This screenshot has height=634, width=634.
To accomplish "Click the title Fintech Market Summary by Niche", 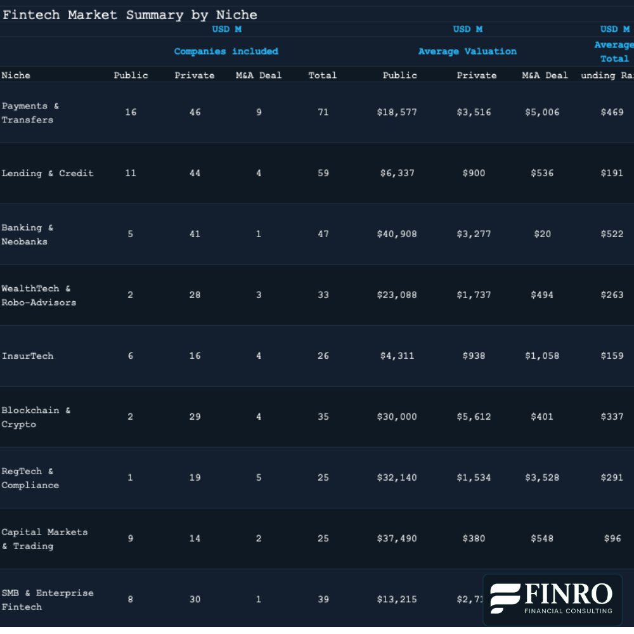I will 129,15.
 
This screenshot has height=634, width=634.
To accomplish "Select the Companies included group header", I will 226,51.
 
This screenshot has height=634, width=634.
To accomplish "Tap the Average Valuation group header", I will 467,51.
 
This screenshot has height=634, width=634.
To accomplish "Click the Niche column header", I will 16,75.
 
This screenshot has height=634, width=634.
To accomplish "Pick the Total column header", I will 322,75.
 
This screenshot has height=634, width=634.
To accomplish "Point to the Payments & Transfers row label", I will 30,113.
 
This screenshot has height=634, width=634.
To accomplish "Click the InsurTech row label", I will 27,356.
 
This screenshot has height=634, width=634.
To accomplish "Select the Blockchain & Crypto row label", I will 36,417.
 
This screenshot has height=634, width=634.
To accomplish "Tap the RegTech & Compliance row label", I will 30,478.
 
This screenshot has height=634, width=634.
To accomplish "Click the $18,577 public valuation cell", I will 397,112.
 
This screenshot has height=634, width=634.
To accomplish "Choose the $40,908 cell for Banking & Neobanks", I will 397,234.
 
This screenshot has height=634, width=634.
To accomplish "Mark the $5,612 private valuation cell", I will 474,417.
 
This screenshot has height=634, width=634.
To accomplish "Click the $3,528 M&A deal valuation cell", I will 542,477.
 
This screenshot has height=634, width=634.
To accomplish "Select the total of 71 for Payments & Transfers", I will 323,112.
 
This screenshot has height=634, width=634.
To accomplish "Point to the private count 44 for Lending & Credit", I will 195,173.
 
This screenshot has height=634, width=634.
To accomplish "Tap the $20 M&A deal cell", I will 542,234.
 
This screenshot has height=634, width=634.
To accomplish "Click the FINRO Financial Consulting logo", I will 552,599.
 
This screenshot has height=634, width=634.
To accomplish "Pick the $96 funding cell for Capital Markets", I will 612,538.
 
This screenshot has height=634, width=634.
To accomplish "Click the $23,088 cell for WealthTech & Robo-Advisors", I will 397,295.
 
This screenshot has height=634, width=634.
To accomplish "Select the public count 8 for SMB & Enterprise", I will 131,599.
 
